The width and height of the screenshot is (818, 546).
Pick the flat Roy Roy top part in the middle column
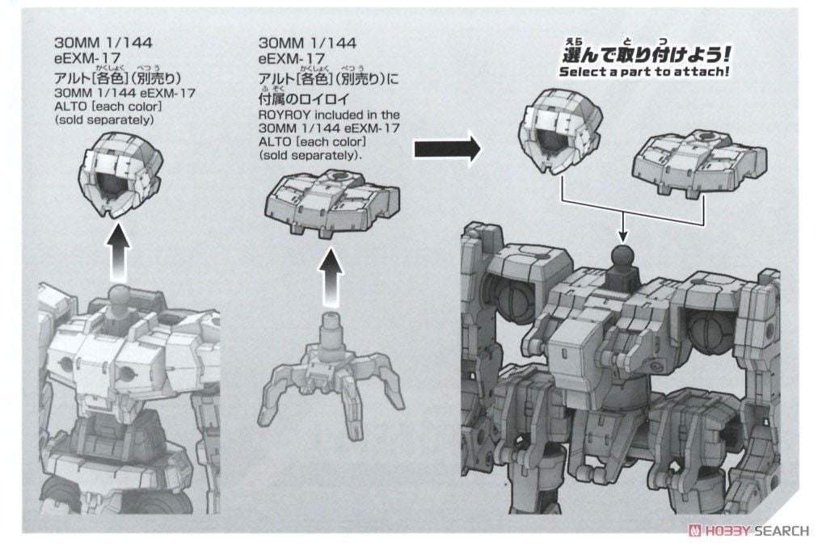[332, 201]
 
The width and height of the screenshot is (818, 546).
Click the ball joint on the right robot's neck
[622, 258]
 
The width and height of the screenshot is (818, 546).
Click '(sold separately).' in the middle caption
[311, 154]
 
